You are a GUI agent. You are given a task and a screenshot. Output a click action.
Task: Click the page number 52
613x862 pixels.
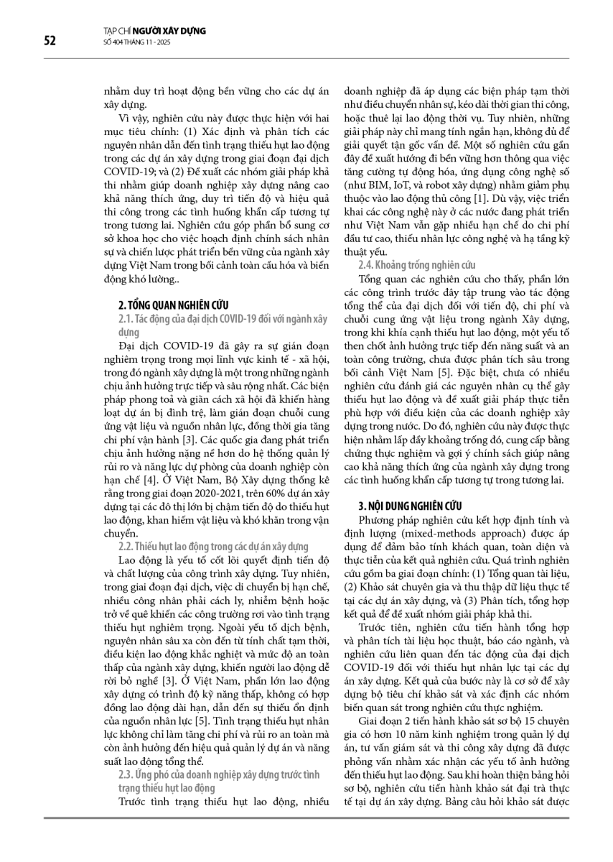click(x=50, y=40)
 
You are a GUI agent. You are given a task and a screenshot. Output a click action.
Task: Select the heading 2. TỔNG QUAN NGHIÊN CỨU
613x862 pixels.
click(x=174, y=305)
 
